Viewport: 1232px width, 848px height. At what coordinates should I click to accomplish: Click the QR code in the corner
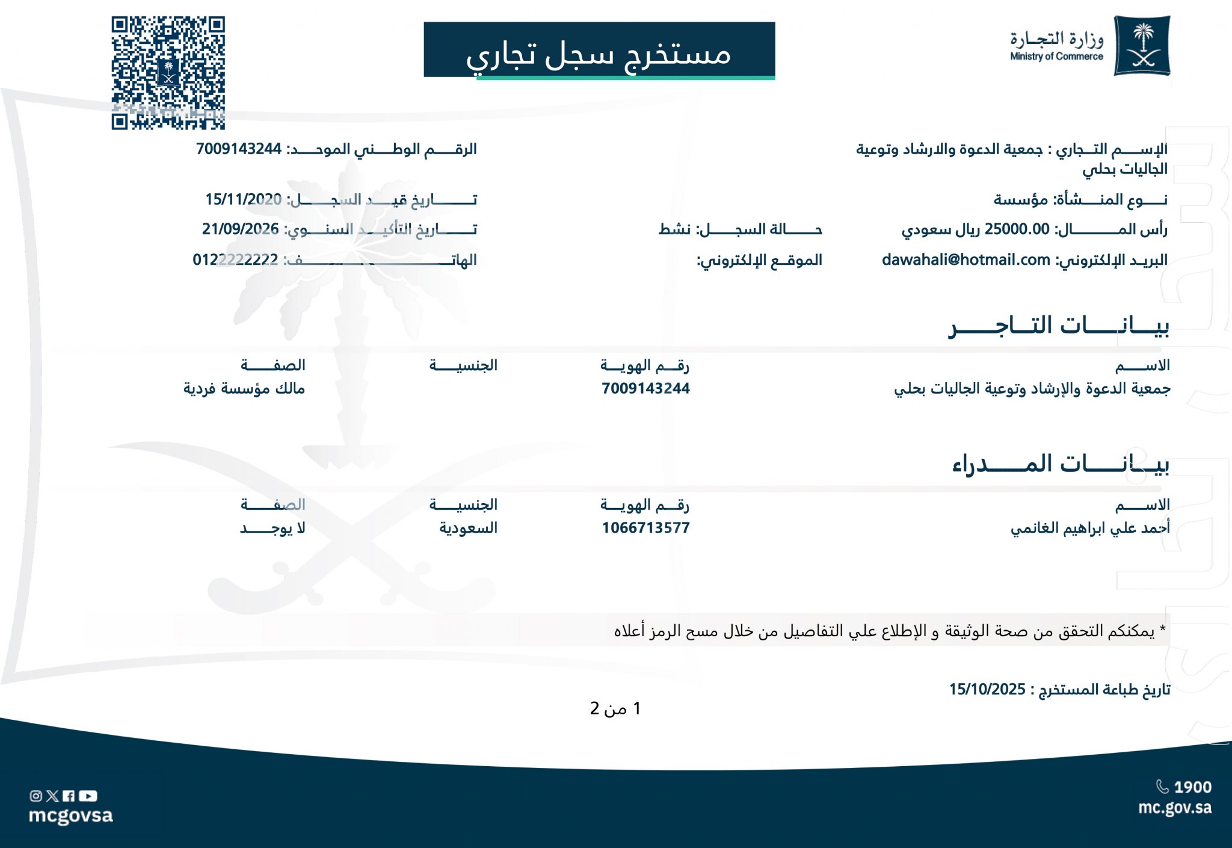coord(168,73)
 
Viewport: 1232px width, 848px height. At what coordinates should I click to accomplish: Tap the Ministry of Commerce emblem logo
coord(1142,46)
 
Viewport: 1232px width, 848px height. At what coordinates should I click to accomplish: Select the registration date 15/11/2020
coord(243,199)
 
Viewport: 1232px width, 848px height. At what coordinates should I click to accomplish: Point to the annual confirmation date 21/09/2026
coord(240,229)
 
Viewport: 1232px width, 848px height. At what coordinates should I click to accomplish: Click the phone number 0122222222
coord(235,260)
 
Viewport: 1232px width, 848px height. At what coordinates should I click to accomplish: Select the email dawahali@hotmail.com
coord(966,260)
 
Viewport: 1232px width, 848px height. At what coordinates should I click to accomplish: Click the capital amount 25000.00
coord(1017,229)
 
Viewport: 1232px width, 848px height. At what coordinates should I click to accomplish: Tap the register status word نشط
coord(674,229)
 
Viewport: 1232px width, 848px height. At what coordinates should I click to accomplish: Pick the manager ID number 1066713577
coord(645,528)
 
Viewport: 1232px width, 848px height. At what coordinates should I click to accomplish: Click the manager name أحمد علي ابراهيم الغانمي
coord(1090,528)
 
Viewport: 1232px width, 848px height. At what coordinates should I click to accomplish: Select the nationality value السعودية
coord(468,528)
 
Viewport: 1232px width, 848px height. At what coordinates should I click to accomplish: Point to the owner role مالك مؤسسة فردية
coord(244,389)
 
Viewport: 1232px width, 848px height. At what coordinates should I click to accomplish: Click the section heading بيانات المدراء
coord(1061,463)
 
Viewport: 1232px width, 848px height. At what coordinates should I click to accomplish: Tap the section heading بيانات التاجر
coord(1059,326)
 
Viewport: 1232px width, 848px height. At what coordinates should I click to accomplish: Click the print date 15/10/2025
coord(987,689)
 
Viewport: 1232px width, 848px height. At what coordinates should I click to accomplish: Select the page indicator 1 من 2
coord(615,708)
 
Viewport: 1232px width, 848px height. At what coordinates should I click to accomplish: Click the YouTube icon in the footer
coord(88,796)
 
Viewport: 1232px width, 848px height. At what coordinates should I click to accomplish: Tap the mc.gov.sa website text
coord(1174,808)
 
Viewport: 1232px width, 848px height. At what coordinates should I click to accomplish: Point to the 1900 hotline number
coord(1192,787)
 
